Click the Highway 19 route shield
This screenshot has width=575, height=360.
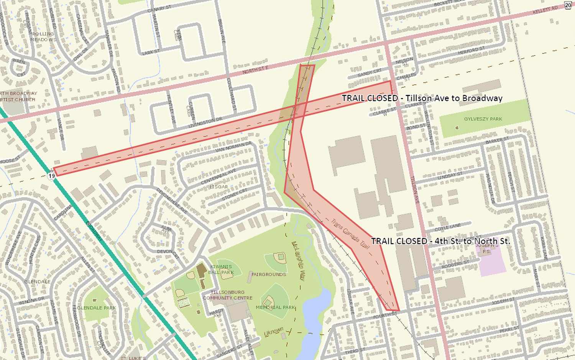[x=52, y=176]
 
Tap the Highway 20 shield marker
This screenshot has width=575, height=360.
[x=568, y=5]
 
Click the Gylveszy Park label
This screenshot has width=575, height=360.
[x=483, y=119]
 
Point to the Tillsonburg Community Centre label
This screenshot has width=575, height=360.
[x=227, y=295]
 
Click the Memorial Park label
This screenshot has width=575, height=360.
[x=275, y=307]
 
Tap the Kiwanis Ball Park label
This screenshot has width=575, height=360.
[x=221, y=269]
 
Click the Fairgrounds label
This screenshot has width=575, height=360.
[x=269, y=275]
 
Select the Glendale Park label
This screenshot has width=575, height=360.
[x=96, y=307]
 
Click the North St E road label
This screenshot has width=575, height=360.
[x=255, y=70]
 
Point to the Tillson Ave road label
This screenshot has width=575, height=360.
[x=415, y=189]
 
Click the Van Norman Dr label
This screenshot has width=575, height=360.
[x=233, y=147]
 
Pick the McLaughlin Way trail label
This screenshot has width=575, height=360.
[x=298, y=261]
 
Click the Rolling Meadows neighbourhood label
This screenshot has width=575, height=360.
[x=43, y=36]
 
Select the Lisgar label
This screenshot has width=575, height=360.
[x=219, y=187]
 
